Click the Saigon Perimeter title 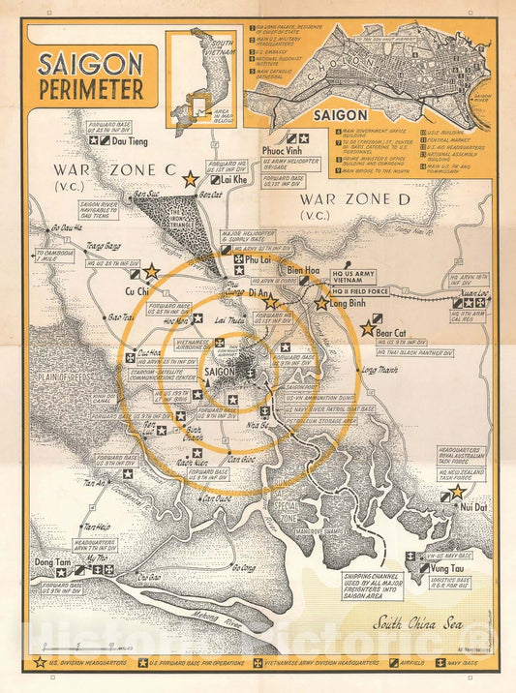(x=90, y=75)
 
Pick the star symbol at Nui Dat (x=456, y=492)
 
